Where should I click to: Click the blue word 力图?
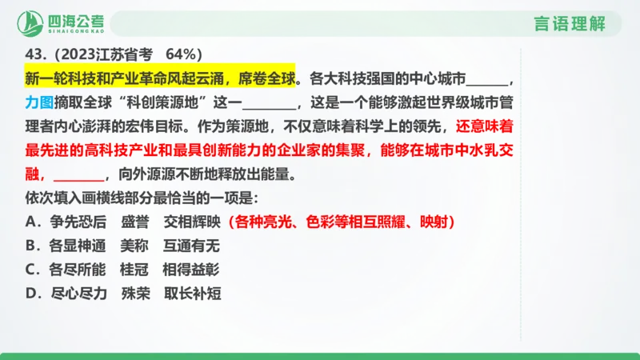(39, 103)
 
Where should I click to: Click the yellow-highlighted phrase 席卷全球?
(267, 78)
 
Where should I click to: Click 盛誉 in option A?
(134, 221)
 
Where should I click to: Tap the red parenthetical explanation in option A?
(346, 221)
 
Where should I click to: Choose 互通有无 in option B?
(190, 245)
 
